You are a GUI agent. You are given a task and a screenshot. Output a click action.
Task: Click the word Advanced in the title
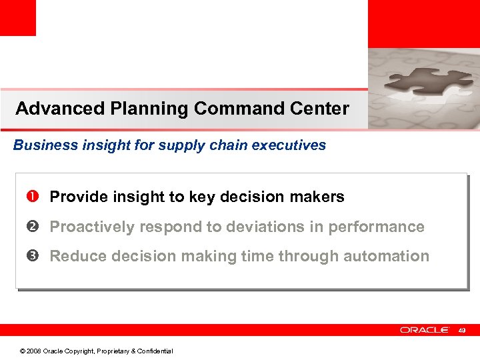click(x=51, y=109)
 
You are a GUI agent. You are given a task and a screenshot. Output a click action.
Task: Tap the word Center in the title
click(x=321, y=109)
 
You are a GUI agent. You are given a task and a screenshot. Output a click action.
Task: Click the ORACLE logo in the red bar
click(x=424, y=330)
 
